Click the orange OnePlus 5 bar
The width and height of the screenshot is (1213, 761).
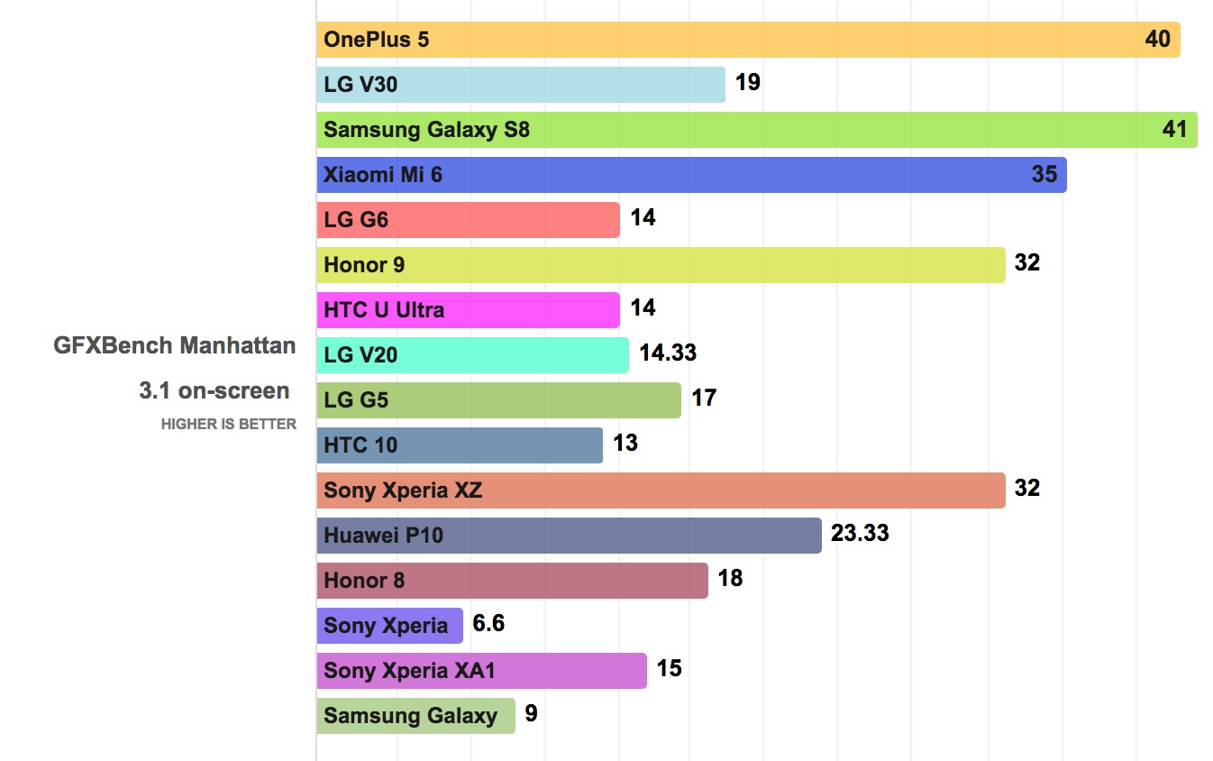(748, 40)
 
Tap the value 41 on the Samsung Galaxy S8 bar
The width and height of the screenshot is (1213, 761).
(1174, 129)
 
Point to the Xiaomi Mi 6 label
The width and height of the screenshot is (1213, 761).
(383, 175)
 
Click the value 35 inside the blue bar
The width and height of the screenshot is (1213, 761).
(1044, 173)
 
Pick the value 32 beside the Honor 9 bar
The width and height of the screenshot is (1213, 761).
(1026, 262)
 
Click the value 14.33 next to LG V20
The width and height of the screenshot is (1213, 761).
(668, 353)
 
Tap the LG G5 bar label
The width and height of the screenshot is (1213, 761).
(356, 400)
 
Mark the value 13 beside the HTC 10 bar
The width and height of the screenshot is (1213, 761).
(625, 443)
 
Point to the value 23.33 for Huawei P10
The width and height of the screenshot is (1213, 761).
(860, 533)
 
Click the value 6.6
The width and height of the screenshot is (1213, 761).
(488, 623)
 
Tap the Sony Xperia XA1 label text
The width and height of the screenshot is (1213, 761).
(409, 671)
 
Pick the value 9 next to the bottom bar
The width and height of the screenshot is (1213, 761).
(531, 713)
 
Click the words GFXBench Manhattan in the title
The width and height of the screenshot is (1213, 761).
(175, 344)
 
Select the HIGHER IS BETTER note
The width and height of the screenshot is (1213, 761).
(228, 424)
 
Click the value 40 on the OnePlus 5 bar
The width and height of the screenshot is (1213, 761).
(1157, 39)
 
